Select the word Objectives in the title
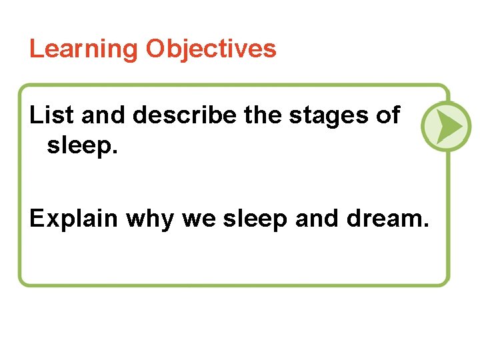(x=211, y=49)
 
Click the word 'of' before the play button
(x=387, y=115)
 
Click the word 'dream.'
(x=387, y=217)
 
